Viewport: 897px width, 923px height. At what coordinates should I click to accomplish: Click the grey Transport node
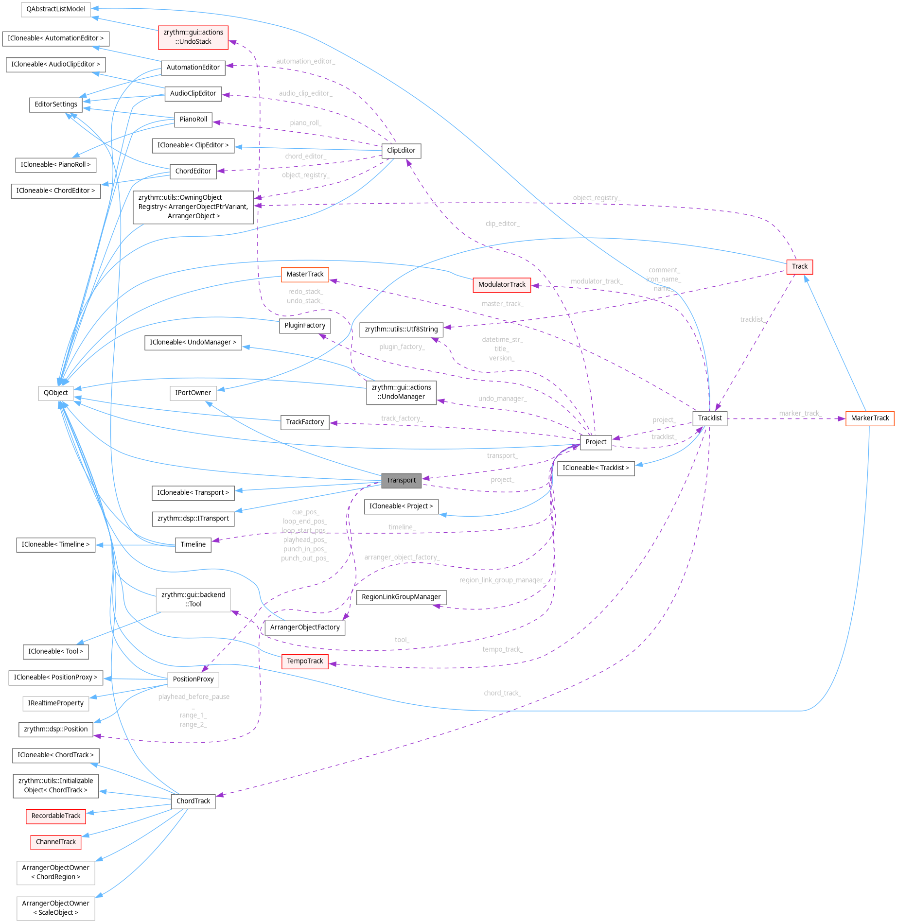coord(401,480)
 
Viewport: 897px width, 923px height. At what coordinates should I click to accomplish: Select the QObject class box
coord(56,393)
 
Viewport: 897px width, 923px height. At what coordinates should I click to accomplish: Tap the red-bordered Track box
coord(799,266)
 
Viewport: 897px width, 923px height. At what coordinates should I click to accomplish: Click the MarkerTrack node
coord(869,418)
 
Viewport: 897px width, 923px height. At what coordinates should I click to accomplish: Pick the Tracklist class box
coord(709,418)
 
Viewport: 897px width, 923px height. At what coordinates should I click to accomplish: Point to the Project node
coord(596,442)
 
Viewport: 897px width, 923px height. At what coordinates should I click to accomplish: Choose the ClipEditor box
coord(401,151)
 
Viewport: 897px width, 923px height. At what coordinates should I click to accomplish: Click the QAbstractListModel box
coord(56,9)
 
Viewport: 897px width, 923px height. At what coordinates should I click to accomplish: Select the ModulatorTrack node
coord(502,284)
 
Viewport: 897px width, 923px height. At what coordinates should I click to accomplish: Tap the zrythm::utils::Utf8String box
coord(401,329)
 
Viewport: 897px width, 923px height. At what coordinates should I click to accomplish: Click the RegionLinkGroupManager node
coord(401,597)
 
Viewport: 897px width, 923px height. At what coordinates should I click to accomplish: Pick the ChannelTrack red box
coord(56,842)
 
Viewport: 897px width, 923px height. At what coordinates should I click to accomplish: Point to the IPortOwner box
coord(193,393)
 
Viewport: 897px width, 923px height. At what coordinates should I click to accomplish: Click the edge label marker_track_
coord(800,414)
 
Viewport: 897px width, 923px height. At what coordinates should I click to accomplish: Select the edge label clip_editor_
coord(502,224)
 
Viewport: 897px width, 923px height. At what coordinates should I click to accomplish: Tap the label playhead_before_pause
coord(193,697)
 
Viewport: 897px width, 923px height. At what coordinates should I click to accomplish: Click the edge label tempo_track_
coord(502,649)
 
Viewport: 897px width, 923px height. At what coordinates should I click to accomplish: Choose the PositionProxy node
coord(193,679)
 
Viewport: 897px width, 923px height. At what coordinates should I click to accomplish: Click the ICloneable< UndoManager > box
coord(193,342)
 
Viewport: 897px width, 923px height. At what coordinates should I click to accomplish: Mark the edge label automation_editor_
coord(305,61)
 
